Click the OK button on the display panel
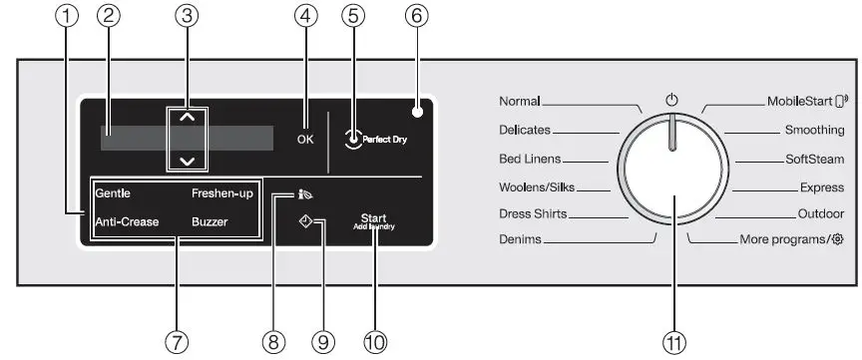305,139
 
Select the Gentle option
113,192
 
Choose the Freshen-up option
222,192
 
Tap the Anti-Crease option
127,221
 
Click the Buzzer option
210,221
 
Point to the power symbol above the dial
671,100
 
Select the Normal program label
519,102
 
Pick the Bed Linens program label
530,159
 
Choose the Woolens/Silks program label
536,186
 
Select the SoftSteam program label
814,159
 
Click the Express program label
822,186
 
